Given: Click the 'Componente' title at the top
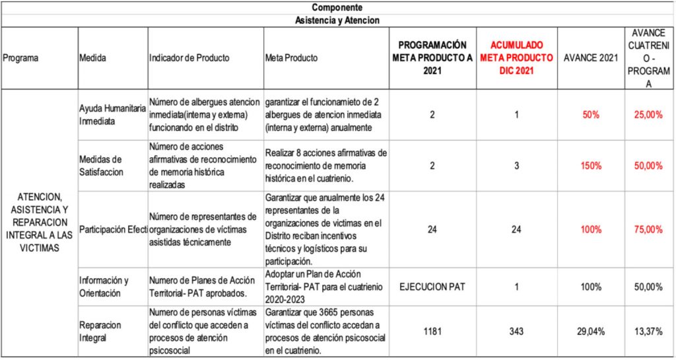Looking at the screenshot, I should click(x=337, y=7).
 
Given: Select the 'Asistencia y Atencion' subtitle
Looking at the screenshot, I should click(x=337, y=20).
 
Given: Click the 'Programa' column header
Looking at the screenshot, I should click(x=20, y=58).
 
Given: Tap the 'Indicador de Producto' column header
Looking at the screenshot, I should click(x=189, y=58).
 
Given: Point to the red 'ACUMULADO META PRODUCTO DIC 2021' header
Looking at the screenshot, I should click(x=516, y=57).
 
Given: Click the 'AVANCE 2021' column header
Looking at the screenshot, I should click(x=590, y=58).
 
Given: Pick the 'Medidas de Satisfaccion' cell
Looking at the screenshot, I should click(x=101, y=165).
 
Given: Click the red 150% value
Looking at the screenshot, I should click(x=591, y=166).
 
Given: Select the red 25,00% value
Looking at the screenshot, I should click(x=648, y=115).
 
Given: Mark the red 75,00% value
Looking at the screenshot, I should click(x=648, y=230).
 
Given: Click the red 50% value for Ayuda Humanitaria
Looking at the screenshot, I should click(x=591, y=115).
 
